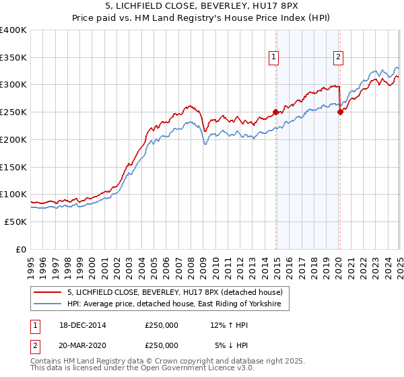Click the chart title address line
tap(201, 6)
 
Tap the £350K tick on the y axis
tap(13, 57)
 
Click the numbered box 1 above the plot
tap(275, 58)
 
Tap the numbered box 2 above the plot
tap(337, 58)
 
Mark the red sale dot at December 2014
tap(275, 112)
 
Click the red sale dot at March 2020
tap(340, 112)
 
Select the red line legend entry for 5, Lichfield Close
tap(178, 292)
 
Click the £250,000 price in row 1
tap(162, 326)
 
